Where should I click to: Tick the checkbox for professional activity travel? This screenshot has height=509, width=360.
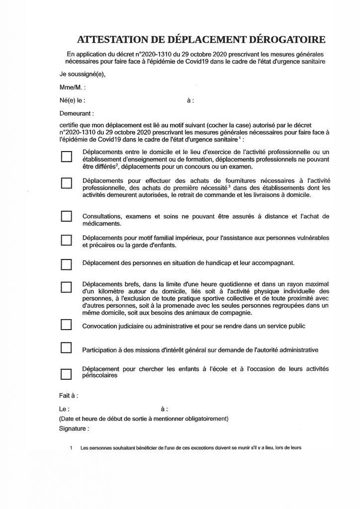[66, 157]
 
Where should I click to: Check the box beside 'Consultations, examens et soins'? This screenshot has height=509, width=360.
[66, 217]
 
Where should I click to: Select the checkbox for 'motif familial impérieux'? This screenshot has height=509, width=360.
[66, 241]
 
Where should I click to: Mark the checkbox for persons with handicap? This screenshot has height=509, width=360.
[66, 263]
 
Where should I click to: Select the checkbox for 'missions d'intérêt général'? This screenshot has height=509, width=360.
[66, 348]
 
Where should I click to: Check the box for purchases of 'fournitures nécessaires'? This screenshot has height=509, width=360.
[66, 183]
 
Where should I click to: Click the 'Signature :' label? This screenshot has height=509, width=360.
[74, 428]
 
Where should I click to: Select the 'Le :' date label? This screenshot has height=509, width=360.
[63, 410]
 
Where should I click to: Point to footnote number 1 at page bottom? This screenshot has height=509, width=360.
[71, 447]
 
